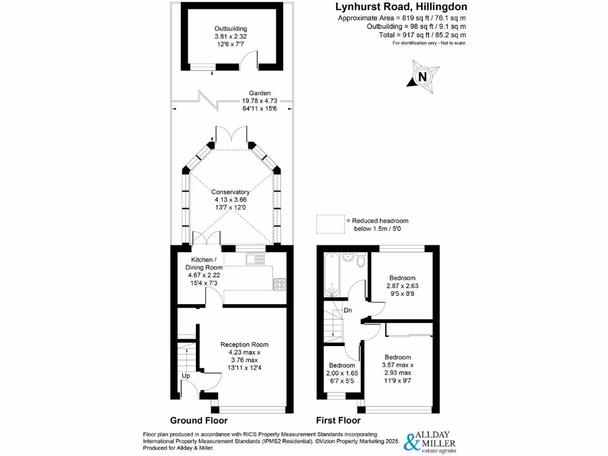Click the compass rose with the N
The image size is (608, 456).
pyautogui.click(x=422, y=77)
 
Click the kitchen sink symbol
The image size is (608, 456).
pyautogui.click(x=256, y=258)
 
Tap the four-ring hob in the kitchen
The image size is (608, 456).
pyautogui.click(x=279, y=284)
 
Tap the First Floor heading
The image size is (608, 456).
pyautogui.click(x=338, y=420)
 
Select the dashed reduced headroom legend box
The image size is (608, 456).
pyautogui.click(x=330, y=224)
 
